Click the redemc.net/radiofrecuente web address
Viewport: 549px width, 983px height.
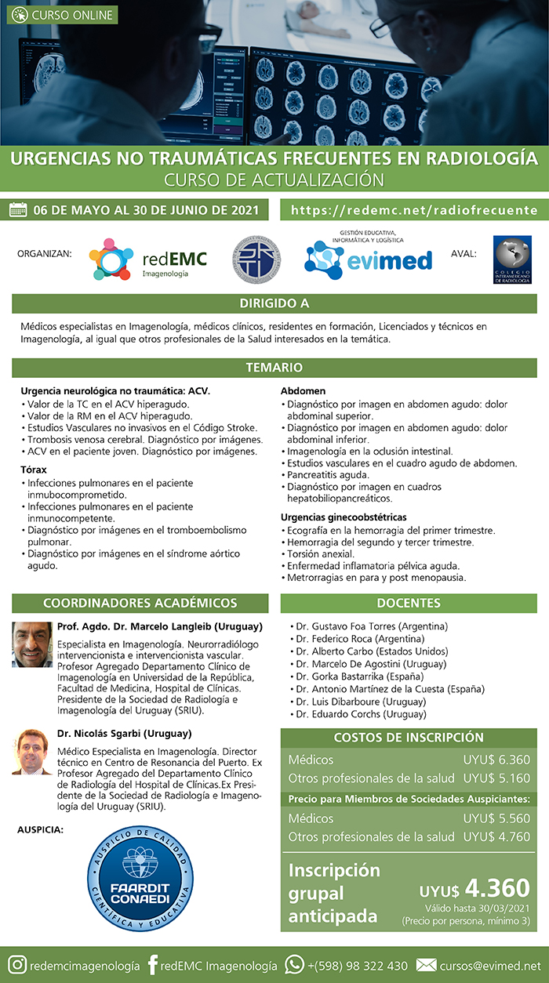tap(414, 210)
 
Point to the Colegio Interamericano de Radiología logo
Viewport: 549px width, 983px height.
tap(512, 261)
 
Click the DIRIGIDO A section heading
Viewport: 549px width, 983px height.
tap(274, 303)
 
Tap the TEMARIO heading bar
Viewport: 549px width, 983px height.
tap(274, 367)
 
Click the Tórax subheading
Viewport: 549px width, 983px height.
tap(35, 469)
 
